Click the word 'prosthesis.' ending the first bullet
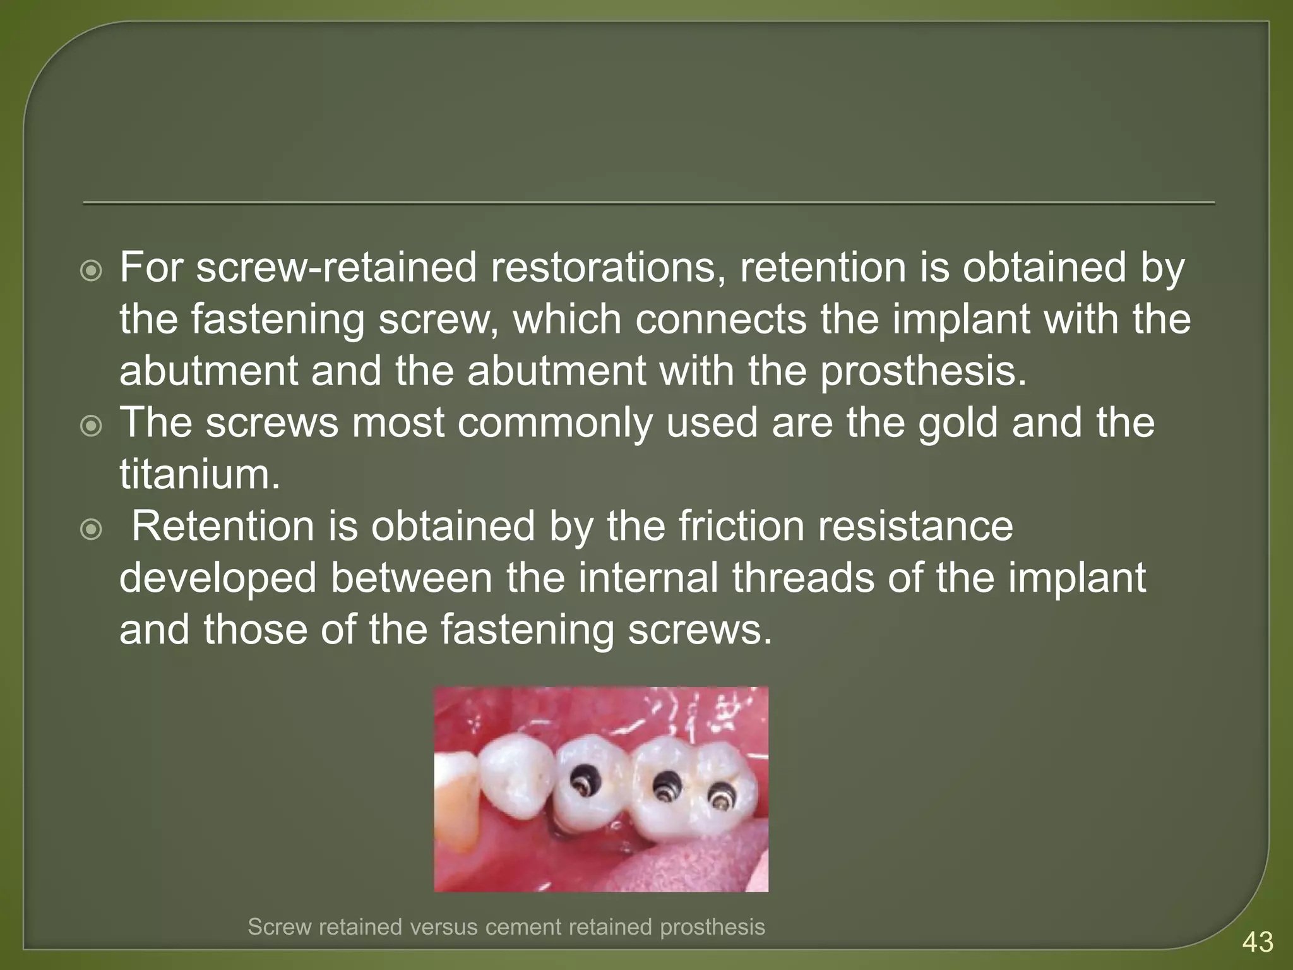coord(924,371)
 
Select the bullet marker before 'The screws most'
coord(92,427)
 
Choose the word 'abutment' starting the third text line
coord(208,371)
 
